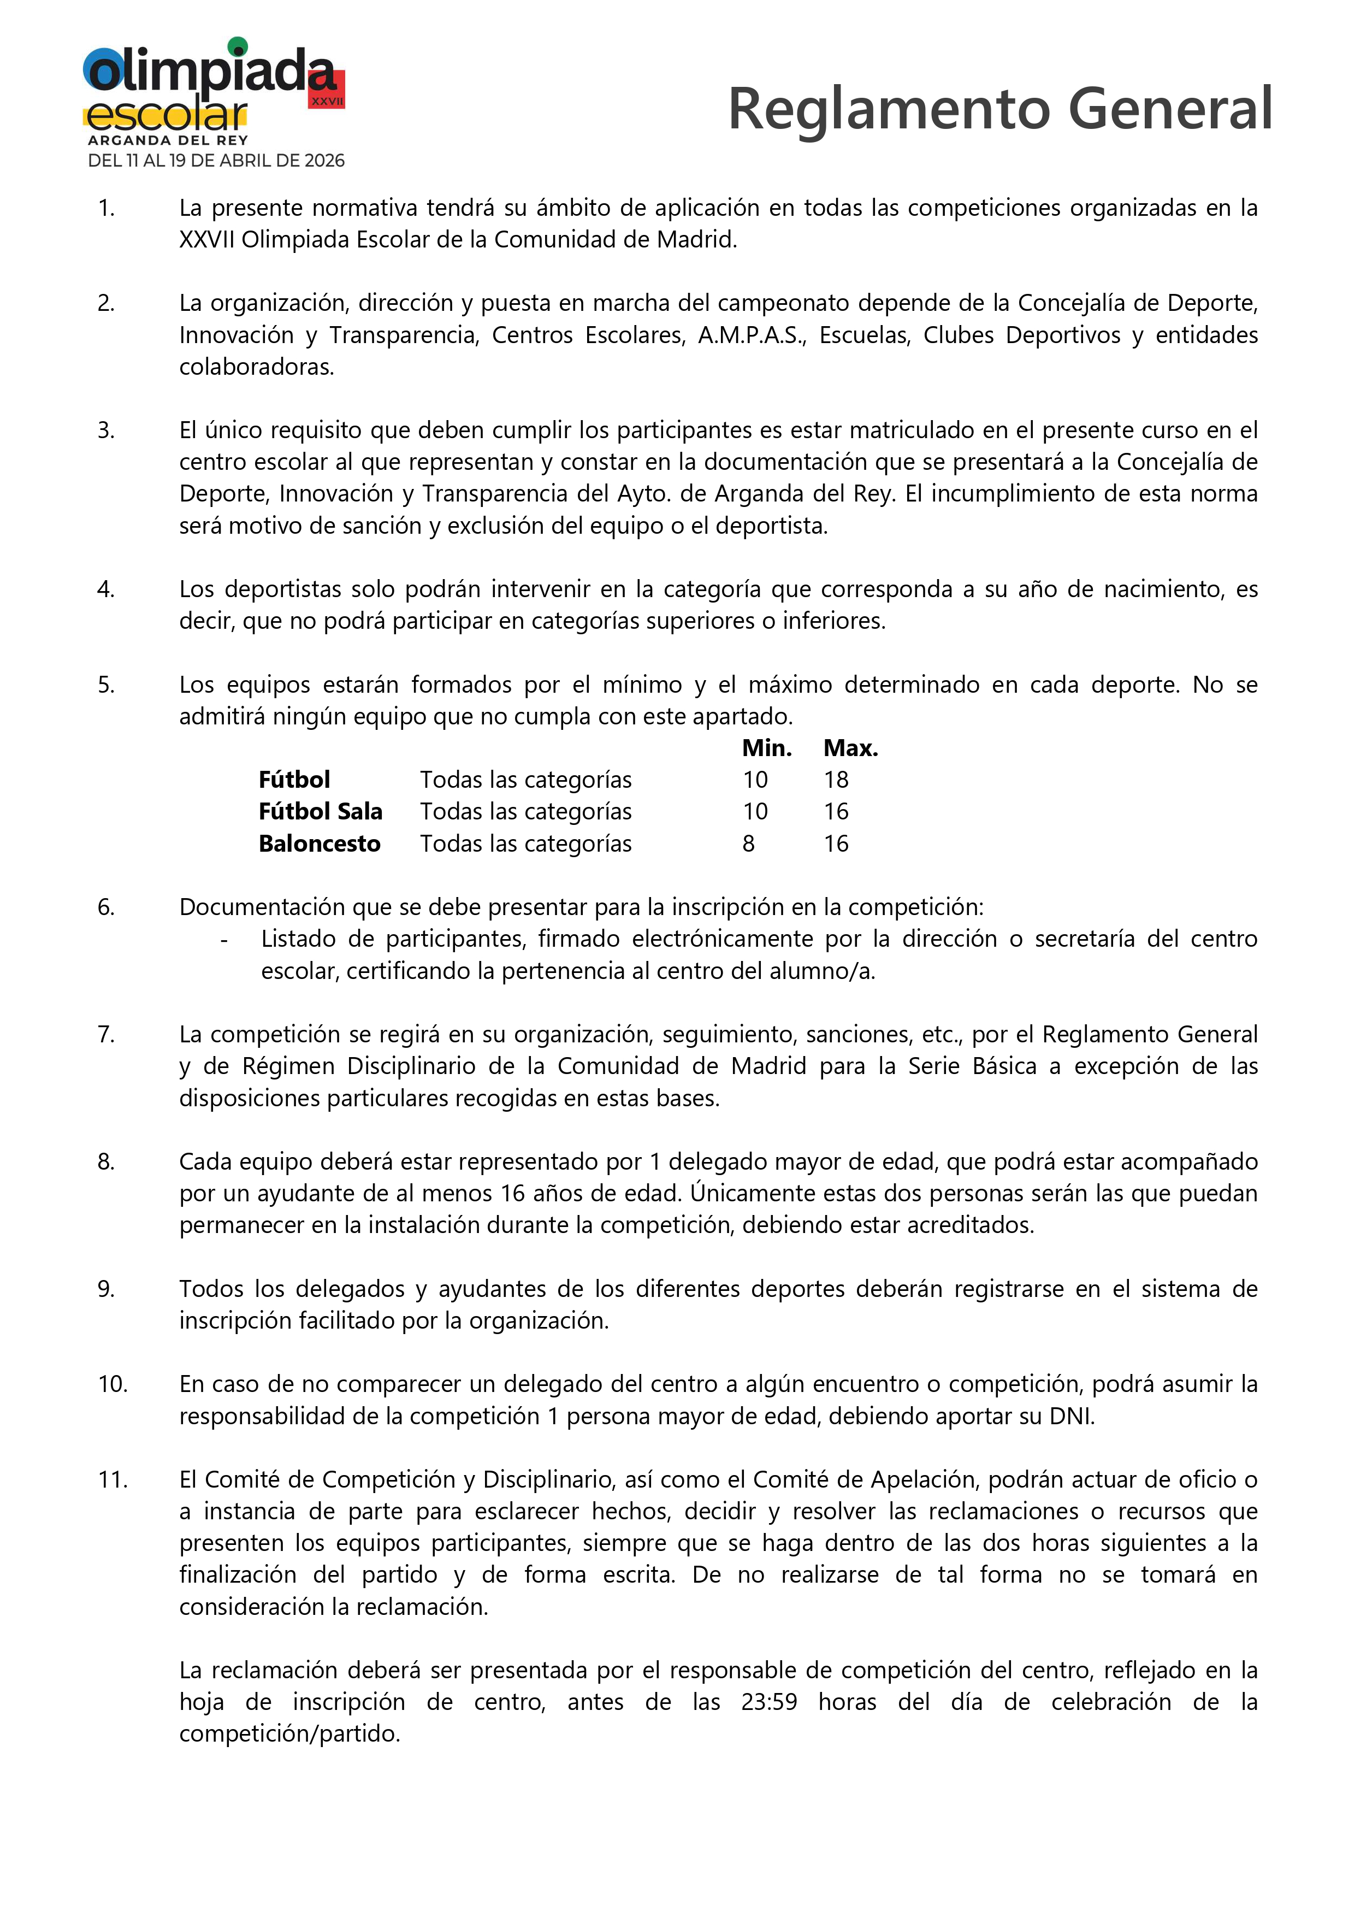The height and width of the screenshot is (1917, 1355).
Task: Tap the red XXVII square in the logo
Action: point(327,90)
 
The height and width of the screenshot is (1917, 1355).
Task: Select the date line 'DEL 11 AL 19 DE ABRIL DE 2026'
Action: point(216,160)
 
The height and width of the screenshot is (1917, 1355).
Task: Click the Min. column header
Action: point(766,748)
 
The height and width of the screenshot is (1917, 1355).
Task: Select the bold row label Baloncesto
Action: point(319,844)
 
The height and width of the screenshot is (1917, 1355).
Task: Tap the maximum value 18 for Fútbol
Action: point(836,780)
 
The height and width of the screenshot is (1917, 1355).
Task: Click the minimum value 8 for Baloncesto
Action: point(748,844)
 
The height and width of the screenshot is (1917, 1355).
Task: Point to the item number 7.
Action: point(106,1035)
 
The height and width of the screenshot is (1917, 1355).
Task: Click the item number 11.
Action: point(113,1479)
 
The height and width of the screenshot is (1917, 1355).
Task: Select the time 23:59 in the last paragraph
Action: point(769,1702)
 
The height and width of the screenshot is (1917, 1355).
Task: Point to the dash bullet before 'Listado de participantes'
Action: point(224,940)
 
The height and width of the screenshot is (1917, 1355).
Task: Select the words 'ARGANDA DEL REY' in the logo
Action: point(168,140)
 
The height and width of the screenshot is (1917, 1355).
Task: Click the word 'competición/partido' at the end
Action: point(289,1733)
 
